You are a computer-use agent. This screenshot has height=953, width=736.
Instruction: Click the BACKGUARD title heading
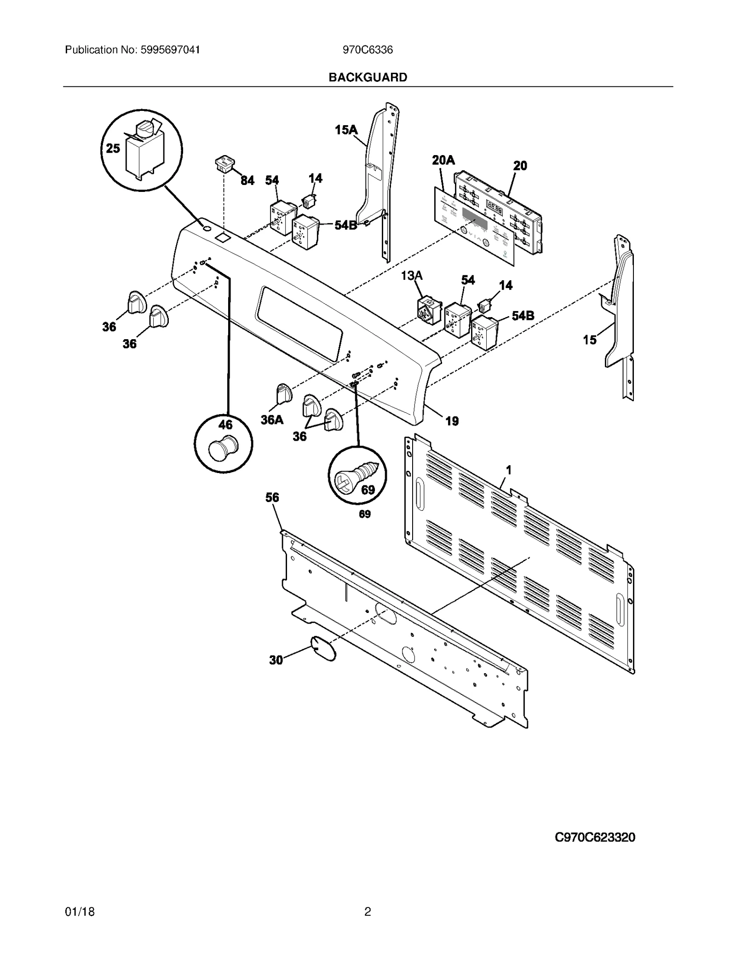[368, 77]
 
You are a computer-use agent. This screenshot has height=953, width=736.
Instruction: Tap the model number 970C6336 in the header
[368, 50]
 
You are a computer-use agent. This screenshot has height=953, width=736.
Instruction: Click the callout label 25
[113, 148]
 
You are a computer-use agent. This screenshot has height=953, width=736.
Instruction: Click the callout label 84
[247, 180]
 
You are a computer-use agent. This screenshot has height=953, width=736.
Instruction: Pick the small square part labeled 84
[224, 164]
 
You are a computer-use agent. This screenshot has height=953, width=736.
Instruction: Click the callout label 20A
[443, 160]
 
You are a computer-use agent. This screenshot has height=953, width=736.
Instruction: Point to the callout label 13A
[412, 276]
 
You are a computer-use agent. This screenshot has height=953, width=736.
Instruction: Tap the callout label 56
[272, 497]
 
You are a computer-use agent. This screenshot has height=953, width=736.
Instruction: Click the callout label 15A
[346, 130]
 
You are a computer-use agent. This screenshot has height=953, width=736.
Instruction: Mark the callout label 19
[452, 421]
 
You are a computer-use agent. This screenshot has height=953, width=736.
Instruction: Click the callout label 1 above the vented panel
[509, 470]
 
